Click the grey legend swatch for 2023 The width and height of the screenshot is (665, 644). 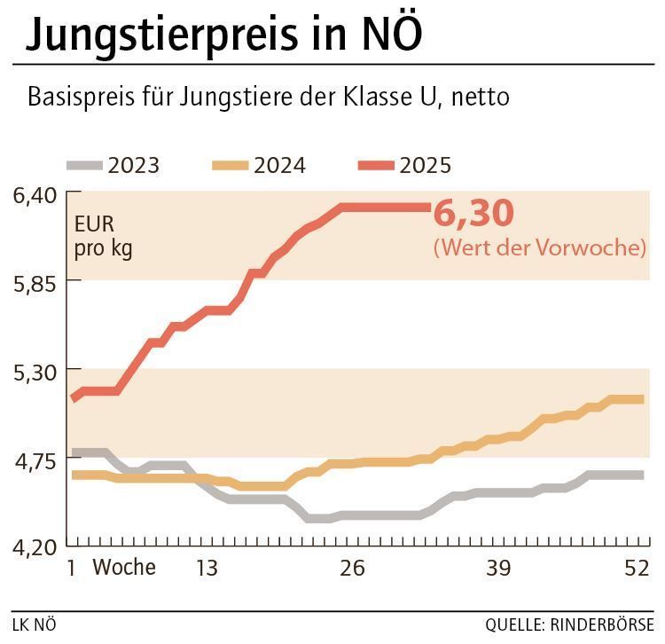84,165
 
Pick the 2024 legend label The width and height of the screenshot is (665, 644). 279,165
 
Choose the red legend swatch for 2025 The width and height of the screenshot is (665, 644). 376,165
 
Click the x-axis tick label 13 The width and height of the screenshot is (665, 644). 206,568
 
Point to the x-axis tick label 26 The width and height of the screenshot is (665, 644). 352,568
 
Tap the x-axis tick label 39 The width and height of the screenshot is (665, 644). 498,568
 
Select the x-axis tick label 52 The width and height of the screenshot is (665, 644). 637,568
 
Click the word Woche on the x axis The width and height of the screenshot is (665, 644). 124,567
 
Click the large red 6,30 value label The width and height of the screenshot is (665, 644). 474,215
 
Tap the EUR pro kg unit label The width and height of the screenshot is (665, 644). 103,236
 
